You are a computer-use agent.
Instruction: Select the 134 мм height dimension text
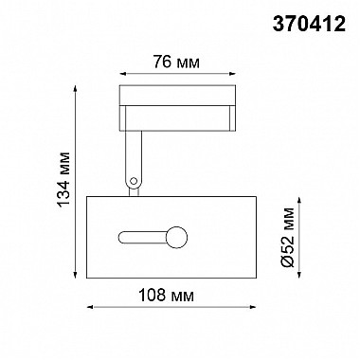pos(66,182)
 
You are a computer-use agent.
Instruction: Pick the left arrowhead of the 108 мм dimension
pos(89,309)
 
